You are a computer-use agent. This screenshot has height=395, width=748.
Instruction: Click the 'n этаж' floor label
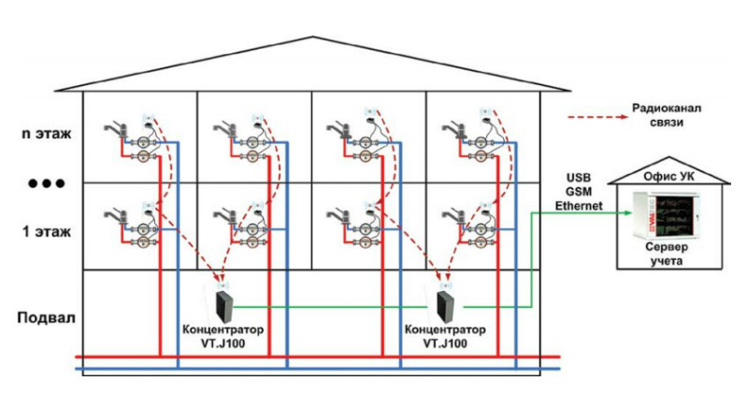tap(46, 133)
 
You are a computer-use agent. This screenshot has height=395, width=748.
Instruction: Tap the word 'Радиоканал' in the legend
tap(666, 109)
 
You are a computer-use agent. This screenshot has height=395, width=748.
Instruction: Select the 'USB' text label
tap(581, 178)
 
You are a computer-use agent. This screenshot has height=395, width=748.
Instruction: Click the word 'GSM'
tap(582, 192)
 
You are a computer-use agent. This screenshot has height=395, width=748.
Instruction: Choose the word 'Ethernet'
tap(582, 206)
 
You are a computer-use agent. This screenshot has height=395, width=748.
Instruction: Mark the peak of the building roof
tap(313, 37)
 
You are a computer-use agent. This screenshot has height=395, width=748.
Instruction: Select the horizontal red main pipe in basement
tap(318, 357)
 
